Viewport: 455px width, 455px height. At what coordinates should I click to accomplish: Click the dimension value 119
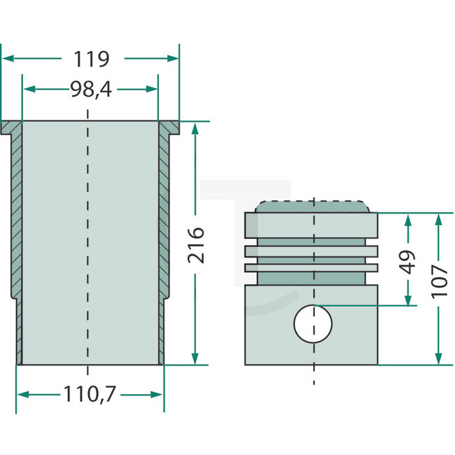pyautogui.click(x=90, y=59)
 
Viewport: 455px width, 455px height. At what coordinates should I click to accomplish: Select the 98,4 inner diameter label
pyautogui.click(x=90, y=89)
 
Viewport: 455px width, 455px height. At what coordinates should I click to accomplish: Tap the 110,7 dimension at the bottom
pyautogui.click(x=90, y=395)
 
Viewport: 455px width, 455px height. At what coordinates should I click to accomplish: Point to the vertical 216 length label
pyautogui.click(x=197, y=244)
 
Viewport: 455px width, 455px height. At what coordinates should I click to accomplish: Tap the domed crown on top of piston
pyautogui.click(x=311, y=206)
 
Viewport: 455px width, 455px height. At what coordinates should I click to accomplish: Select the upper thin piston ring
pyautogui.click(x=311, y=250)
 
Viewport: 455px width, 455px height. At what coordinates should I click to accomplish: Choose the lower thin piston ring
pyautogui.click(x=311, y=267)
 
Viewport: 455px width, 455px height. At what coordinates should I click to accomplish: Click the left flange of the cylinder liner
pyautogui.click(x=12, y=127)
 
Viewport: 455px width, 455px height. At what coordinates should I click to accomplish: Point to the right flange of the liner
pyautogui.click(x=169, y=127)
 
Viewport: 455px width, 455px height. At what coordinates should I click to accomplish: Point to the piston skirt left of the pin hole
pyautogui.click(x=269, y=325)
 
